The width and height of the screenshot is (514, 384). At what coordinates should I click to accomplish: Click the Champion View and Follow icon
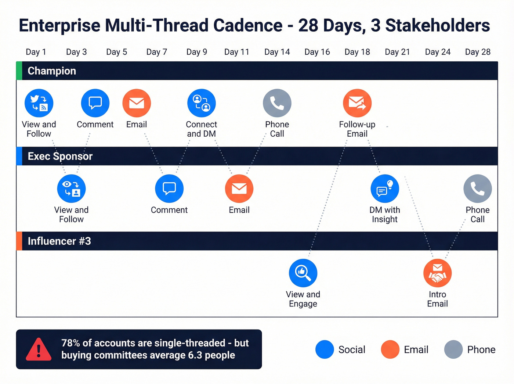39,103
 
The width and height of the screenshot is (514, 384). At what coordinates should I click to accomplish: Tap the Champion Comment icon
95,103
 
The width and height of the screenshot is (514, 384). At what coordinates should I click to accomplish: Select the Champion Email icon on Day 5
137,103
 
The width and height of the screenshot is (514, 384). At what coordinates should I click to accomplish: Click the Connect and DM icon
201,103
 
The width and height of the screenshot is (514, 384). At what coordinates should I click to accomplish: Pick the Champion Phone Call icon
277,103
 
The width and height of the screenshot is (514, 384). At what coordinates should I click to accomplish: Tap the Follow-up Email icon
357,103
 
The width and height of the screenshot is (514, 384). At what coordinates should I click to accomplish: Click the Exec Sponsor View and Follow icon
71,189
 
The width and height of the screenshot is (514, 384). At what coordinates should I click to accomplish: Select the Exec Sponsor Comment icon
169,189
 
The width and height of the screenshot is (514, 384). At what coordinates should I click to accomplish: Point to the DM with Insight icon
385,189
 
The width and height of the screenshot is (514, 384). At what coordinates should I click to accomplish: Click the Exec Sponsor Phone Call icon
478,189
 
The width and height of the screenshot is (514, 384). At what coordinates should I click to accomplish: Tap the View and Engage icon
303,273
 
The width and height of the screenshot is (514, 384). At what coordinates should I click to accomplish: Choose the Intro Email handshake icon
437,273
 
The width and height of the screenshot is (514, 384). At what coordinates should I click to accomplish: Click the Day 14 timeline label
277,52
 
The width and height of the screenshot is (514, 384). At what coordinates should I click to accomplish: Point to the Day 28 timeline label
478,52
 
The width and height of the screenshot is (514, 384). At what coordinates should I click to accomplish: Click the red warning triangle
39,349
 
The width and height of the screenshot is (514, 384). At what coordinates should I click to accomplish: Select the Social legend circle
325,349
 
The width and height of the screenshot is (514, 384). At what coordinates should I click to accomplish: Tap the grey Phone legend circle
453,349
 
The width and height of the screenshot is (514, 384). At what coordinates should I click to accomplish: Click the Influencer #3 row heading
59,241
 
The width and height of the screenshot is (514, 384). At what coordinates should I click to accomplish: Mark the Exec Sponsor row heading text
60,156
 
